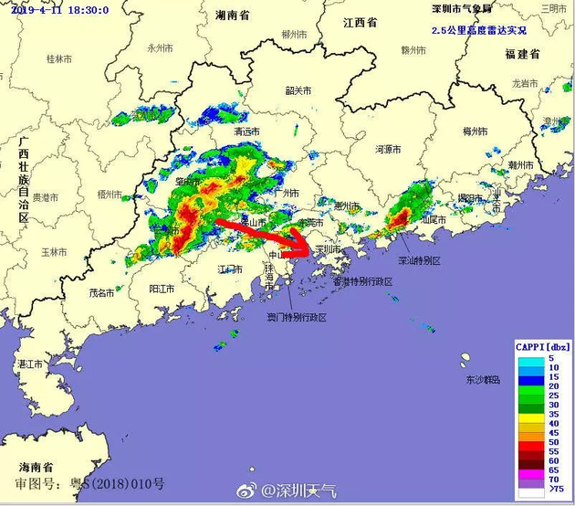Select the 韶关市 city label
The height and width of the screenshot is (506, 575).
coord(298,91)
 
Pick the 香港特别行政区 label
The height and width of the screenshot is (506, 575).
coord(362,282)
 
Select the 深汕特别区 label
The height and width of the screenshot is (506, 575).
coord(420,260)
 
